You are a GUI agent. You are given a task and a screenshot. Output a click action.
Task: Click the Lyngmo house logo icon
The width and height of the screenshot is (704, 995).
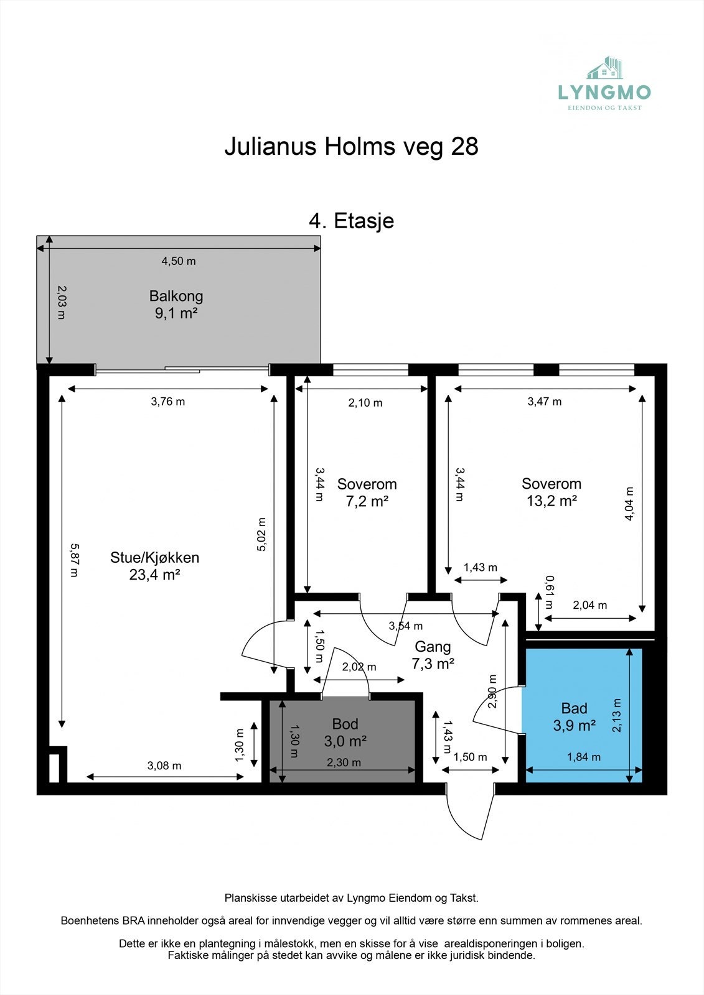tap(605, 68)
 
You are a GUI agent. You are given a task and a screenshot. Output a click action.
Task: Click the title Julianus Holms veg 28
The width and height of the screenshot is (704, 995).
tap(351, 147)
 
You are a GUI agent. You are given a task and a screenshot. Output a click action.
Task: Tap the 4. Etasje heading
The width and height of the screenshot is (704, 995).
tap(351, 221)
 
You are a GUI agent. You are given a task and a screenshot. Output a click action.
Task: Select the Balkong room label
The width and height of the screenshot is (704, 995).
tap(176, 296)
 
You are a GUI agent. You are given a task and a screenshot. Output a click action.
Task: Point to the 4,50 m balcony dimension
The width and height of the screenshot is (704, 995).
tap(179, 261)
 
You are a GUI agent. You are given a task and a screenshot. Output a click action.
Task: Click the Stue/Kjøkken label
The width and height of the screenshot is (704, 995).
tap(154, 557)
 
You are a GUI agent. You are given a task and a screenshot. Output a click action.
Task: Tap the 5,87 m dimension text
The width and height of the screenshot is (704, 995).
tap(74, 560)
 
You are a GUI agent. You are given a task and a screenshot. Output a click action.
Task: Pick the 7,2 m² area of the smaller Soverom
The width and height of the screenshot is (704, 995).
tap(367, 501)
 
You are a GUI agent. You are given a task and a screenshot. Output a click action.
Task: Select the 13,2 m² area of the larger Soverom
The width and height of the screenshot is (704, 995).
tap(551, 501)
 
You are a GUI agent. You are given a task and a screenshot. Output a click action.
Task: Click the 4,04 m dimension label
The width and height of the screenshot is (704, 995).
tap(629, 503)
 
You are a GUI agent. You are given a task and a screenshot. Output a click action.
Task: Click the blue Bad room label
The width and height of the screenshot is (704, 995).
tap(574, 708)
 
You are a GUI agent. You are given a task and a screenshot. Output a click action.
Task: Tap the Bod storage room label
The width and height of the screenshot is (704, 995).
tap(345, 724)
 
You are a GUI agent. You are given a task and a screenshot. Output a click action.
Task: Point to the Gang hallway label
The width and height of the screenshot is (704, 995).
tap(433, 647)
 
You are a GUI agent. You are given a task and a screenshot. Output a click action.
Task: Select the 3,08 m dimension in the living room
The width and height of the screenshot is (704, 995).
tap(164, 766)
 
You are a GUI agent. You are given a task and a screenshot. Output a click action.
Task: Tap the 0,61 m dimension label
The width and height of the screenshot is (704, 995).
tap(550, 592)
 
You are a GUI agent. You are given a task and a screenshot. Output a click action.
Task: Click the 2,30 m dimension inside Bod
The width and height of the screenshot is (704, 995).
tap(344, 762)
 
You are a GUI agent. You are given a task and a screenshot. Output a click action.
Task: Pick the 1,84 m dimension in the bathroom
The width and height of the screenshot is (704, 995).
tap(583, 757)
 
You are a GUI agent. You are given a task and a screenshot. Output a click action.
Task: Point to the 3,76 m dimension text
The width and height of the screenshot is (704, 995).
tap(167, 402)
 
